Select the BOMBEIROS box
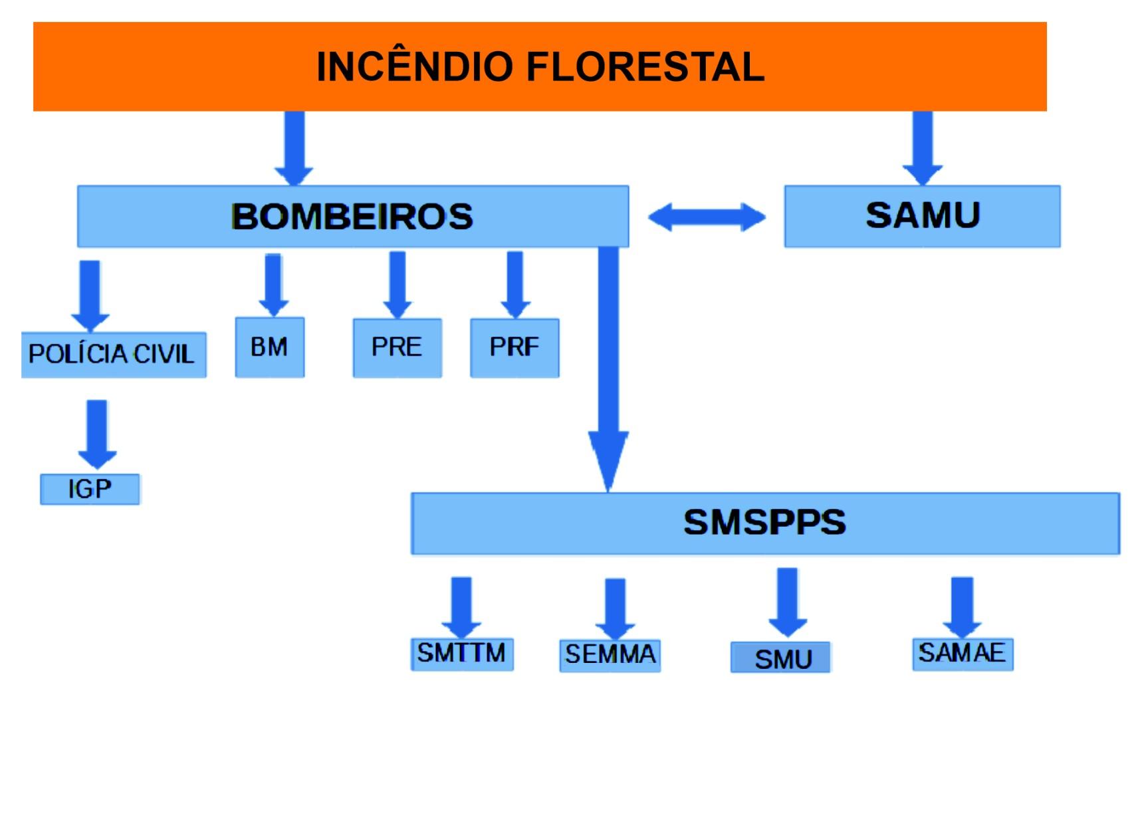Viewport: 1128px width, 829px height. [x=352, y=217]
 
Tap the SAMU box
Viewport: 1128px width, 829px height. [x=922, y=216]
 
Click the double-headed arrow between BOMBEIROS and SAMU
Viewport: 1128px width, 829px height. [x=707, y=217]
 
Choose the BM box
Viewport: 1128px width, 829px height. [x=269, y=347]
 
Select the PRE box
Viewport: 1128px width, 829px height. [x=397, y=347]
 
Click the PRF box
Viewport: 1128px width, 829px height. [x=514, y=347]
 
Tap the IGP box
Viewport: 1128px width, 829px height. [x=90, y=490]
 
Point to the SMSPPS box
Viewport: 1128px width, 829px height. [x=764, y=523]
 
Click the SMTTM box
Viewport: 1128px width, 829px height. [x=462, y=654]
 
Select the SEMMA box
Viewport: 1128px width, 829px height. [x=610, y=655]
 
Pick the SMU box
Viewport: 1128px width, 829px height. [x=781, y=658]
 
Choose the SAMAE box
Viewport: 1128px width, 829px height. [x=962, y=654]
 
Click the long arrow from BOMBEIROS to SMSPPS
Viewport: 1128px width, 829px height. [x=608, y=365]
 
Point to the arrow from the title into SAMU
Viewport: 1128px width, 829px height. [x=923, y=146]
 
